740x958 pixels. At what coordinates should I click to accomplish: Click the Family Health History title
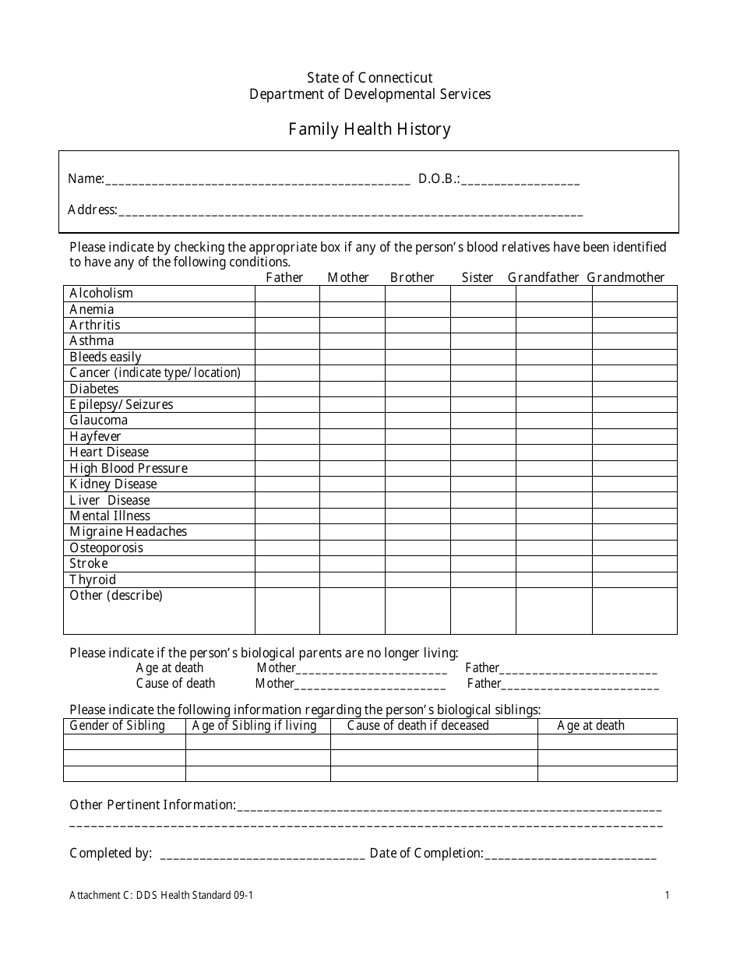tap(369, 129)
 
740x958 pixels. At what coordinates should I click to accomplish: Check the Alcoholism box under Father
tap(287, 294)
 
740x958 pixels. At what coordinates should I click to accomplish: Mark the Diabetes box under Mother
tap(352, 389)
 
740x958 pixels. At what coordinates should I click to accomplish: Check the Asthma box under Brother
tap(418, 341)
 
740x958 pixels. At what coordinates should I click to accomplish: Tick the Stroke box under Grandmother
tap(634, 564)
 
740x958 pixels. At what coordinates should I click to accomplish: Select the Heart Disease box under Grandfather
tap(553, 453)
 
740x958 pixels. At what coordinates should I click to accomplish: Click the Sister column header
tap(477, 277)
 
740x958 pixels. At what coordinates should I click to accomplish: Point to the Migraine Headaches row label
tap(129, 532)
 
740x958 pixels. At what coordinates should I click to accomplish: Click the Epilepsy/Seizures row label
tap(122, 405)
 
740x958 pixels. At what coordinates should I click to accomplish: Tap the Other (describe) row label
tap(116, 596)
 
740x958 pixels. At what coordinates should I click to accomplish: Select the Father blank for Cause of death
tap(580, 684)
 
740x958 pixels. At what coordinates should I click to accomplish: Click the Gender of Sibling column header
tap(118, 726)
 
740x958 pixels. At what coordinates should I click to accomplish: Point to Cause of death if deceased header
tap(418, 726)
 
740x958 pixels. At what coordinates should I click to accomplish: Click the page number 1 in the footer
tap(667, 896)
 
